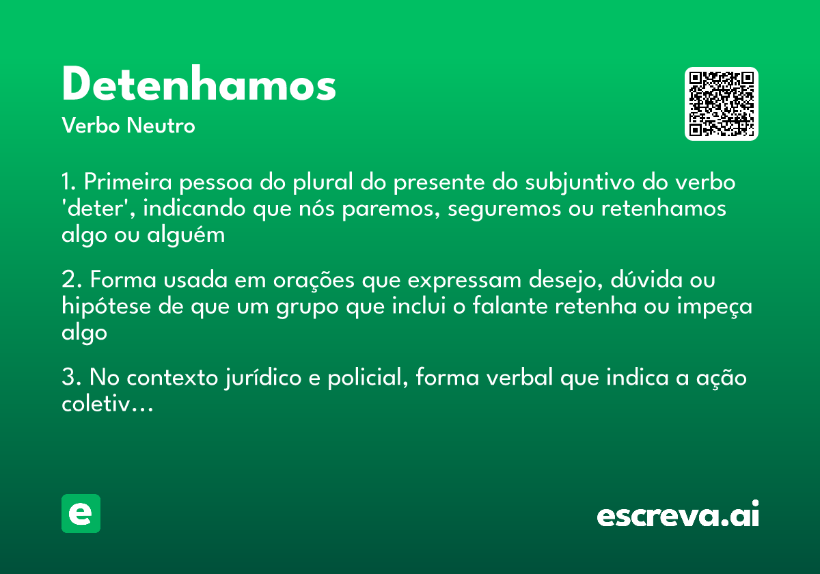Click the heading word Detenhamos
coord(199,85)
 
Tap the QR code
coord(722,104)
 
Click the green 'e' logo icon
coord(81,513)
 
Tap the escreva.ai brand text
coord(678,515)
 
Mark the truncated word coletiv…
coord(106,404)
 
